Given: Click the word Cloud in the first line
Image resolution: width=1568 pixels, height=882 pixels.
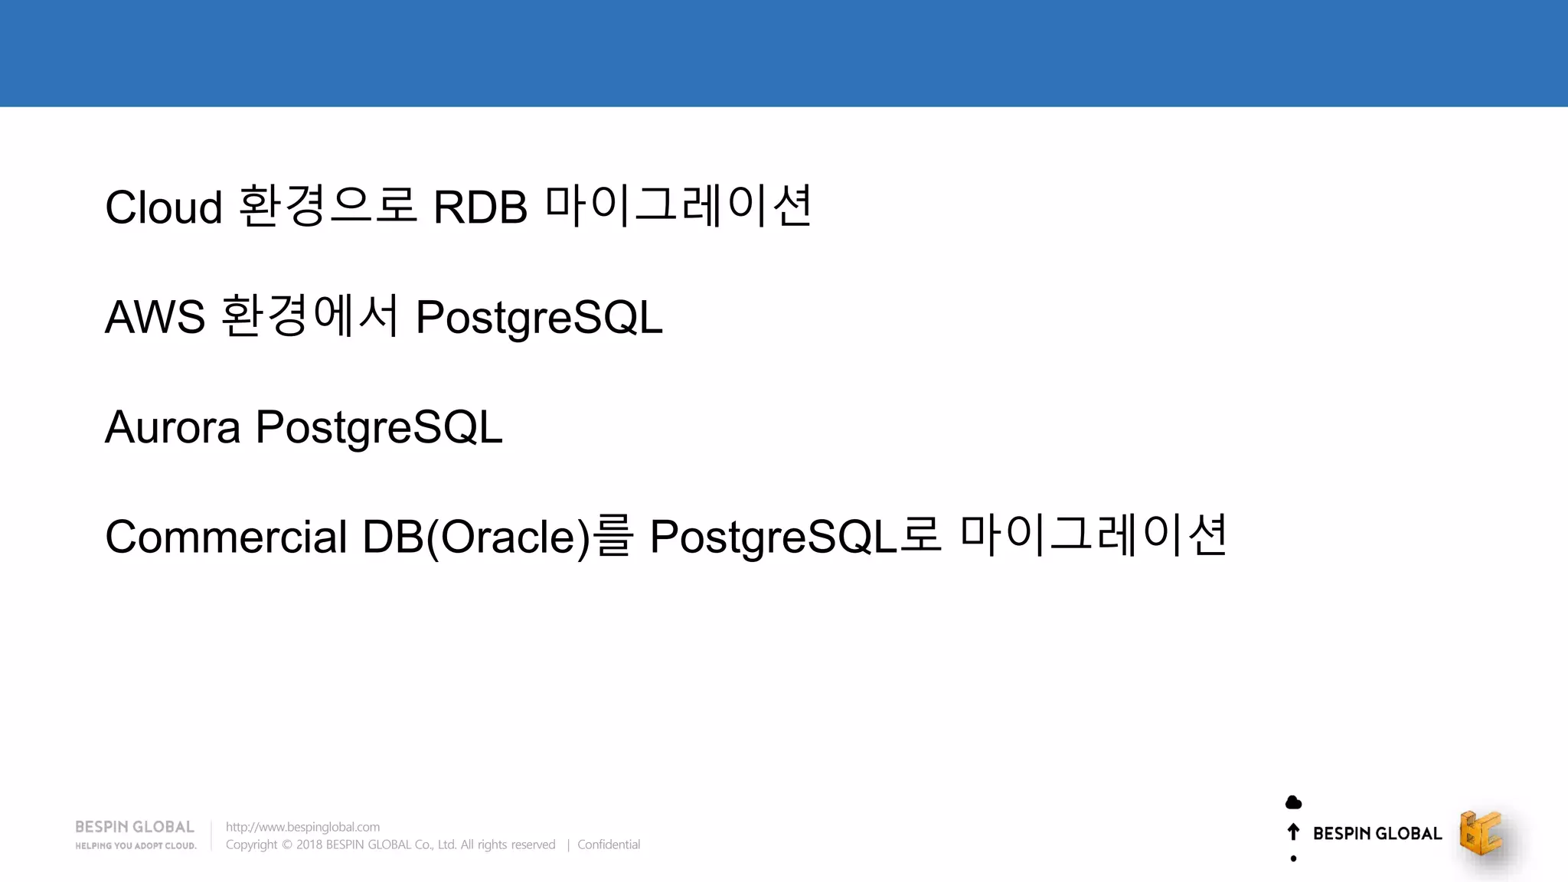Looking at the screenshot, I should pyautogui.click(x=163, y=207).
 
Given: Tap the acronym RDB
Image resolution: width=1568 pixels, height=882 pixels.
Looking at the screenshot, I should pyautogui.click(x=480, y=207).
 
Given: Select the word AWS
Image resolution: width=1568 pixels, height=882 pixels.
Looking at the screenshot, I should pyautogui.click(x=155, y=317).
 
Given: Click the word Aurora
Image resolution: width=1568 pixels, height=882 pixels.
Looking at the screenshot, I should pyautogui.click(x=172, y=427).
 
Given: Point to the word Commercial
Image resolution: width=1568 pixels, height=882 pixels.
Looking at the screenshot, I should pyautogui.click(x=226, y=537).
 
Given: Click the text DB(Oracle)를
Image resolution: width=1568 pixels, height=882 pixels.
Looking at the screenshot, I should pyautogui.click(x=498, y=537).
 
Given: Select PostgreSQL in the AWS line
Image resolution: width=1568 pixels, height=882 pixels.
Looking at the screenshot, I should pyautogui.click(x=538, y=317).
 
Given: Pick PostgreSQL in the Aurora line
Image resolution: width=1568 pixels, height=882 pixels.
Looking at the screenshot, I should pyautogui.click(x=378, y=427).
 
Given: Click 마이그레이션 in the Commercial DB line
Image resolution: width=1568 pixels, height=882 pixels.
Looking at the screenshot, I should pyautogui.click(x=1093, y=535).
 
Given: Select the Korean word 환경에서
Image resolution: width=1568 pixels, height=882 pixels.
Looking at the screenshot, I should pyautogui.click(x=310, y=315).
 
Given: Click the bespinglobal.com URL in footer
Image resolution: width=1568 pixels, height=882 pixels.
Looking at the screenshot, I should pyautogui.click(x=302, y=827).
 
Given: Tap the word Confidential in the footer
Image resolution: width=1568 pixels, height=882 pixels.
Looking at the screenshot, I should pyautogui.click(x=609, y=844).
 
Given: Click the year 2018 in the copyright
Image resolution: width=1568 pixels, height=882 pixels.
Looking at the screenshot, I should pyautogui.click(x=309, y=844).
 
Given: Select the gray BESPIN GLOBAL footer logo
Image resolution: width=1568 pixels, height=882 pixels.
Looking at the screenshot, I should pyautogui.click(x=135, y=827).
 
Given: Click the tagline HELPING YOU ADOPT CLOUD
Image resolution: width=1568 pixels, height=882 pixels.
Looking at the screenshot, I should pyautogui.click(x=136, y=846).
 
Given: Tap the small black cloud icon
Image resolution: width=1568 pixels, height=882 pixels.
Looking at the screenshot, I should pyautogui.click(x=1293, y=802).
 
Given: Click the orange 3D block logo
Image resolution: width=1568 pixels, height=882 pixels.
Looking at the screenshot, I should pyautogui.click(x=1481, y=833).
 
